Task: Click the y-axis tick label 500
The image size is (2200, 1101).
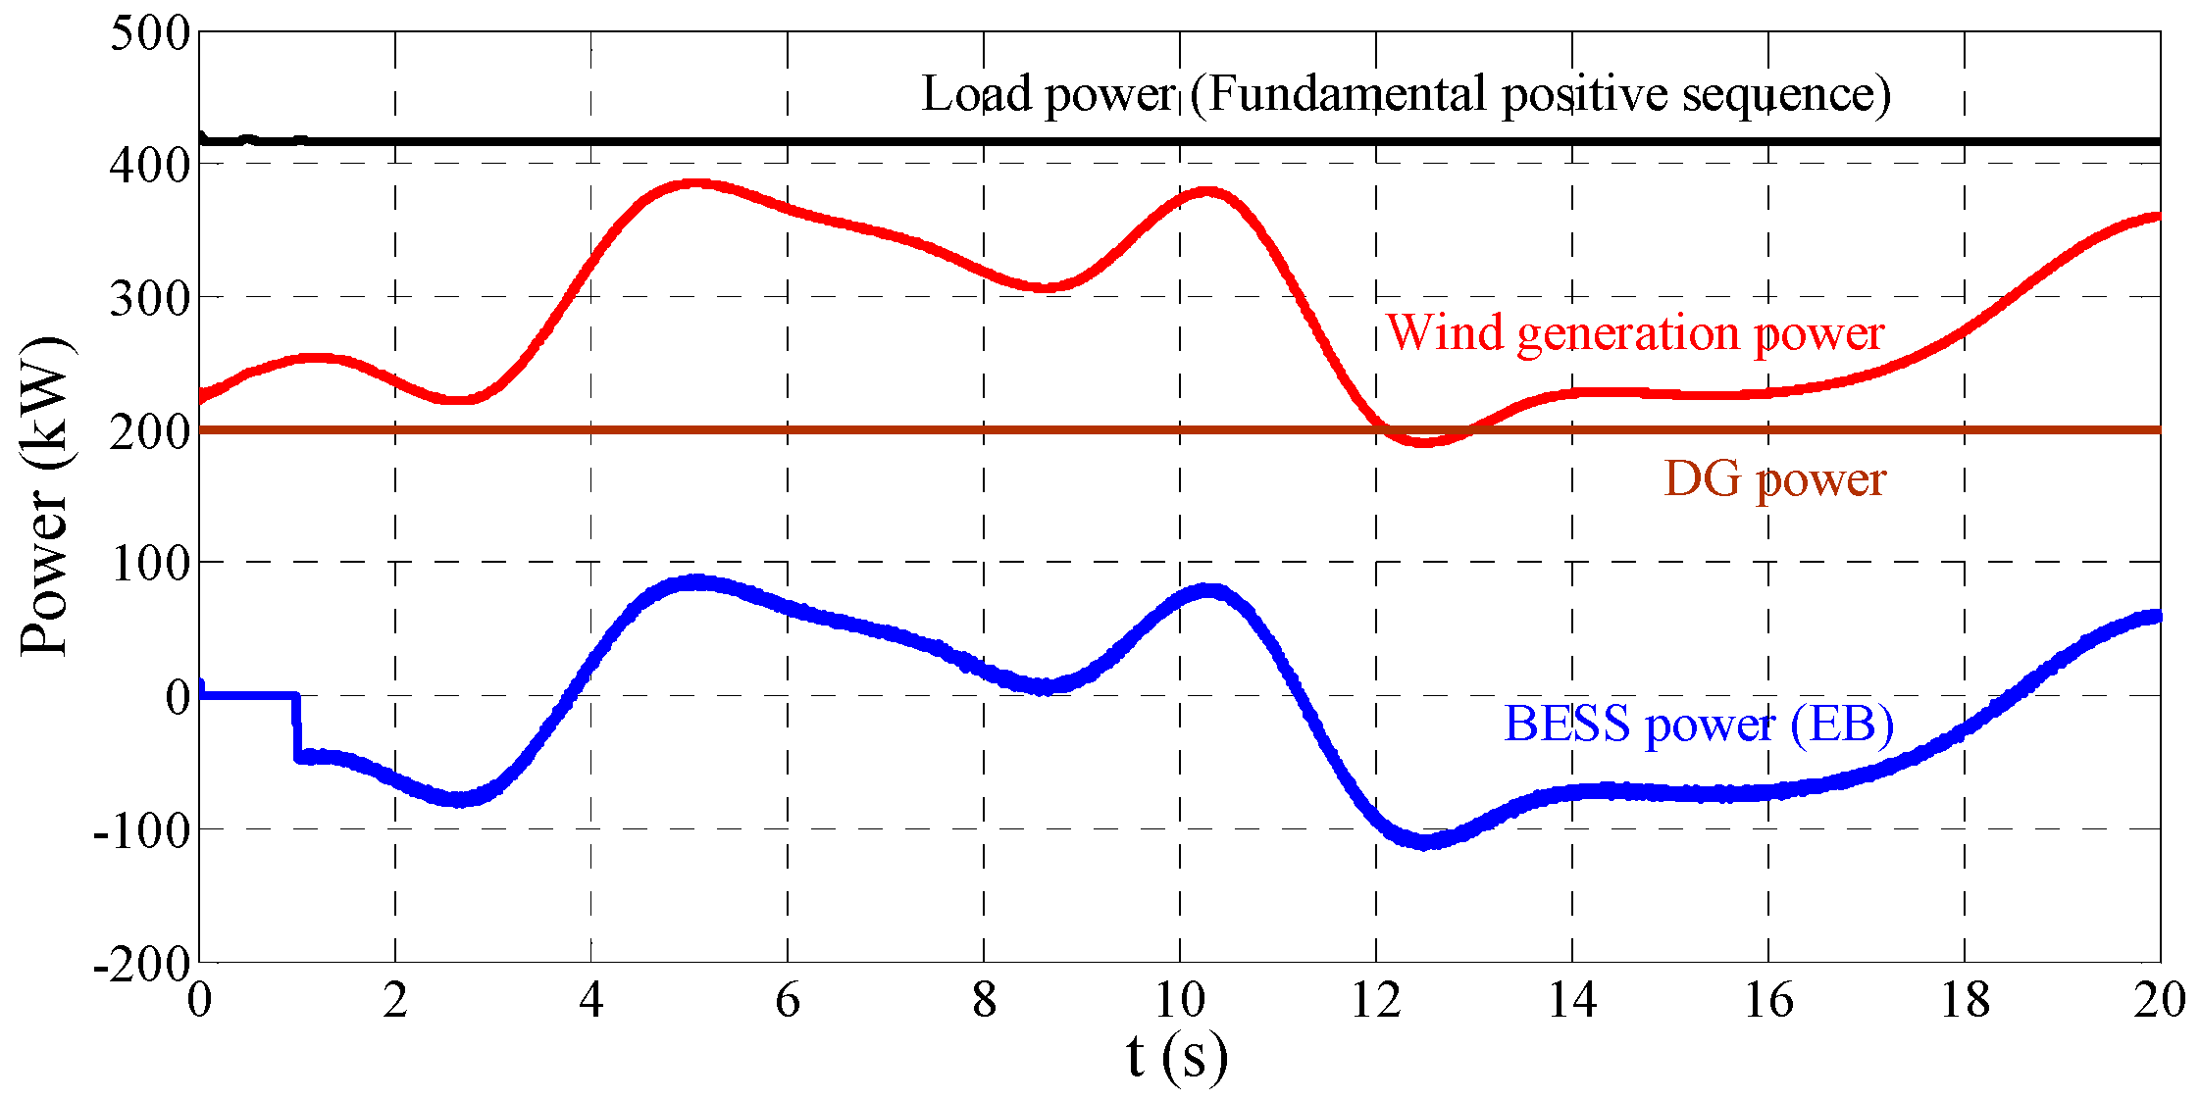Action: pos(150,33)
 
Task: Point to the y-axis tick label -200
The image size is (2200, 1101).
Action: pos(142,965)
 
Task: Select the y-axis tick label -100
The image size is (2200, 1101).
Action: pos(142,831)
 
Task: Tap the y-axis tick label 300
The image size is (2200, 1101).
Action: pos(150,298)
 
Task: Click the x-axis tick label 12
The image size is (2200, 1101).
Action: pos(1375,1001)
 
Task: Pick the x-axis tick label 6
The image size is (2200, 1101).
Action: pos(788,1001)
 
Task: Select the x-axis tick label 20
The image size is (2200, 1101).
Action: pos(2159,1001)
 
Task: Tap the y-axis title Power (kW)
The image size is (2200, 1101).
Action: pos(45,496)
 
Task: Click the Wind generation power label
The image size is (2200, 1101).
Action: pos(1635,333)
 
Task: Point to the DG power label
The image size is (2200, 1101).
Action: pos(1774,479)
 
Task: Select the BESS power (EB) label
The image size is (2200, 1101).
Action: pos(1698,725)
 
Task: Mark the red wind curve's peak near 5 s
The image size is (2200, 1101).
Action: pos(694,183)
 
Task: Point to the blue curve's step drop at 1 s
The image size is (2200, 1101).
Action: pos(296,726)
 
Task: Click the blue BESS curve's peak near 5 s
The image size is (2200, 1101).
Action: pos(694,582)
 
